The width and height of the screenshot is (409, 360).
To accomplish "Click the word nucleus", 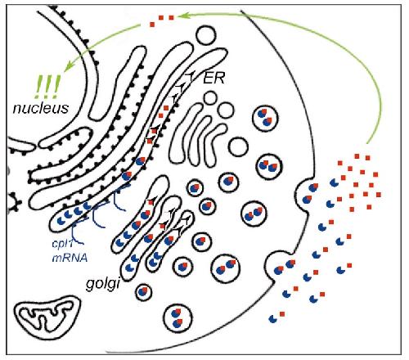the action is (41, 108).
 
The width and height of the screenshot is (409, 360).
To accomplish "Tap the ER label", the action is (214, 79).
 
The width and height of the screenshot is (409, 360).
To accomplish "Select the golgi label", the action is (103, 285).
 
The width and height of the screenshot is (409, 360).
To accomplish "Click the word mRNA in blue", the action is (70, 258).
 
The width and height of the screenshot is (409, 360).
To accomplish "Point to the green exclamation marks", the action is (47, 87).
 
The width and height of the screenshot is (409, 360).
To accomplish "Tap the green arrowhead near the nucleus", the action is (68, 66).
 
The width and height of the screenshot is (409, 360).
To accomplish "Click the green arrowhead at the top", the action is (182, 16).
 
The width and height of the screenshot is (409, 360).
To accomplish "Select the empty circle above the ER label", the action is (207, 35).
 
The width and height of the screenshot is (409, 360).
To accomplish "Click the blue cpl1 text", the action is (63, 244).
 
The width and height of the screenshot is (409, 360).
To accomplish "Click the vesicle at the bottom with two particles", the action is (178, 318).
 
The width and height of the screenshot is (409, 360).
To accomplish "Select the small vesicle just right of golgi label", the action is (143, 292).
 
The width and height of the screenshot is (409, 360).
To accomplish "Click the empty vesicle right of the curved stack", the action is (238, 147).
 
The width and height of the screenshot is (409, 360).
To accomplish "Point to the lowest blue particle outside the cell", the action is (272, 318).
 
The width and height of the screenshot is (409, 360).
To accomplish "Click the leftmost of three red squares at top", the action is (152, 25).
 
